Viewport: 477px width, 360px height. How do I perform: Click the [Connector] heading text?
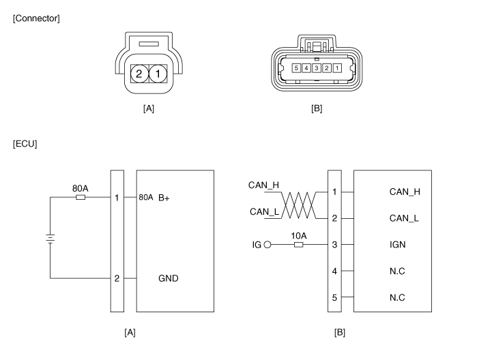36,18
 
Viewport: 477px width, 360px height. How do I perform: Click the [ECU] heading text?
25,144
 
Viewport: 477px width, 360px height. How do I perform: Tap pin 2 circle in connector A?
139,74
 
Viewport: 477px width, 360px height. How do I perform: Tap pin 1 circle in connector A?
158,74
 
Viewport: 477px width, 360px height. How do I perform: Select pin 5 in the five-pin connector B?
296,68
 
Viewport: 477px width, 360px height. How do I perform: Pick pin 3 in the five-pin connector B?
317,68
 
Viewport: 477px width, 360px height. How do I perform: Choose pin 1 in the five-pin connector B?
337,68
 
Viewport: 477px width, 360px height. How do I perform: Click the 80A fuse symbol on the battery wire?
81,197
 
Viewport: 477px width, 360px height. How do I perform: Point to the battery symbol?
50,239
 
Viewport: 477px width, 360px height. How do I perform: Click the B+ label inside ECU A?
164,198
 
